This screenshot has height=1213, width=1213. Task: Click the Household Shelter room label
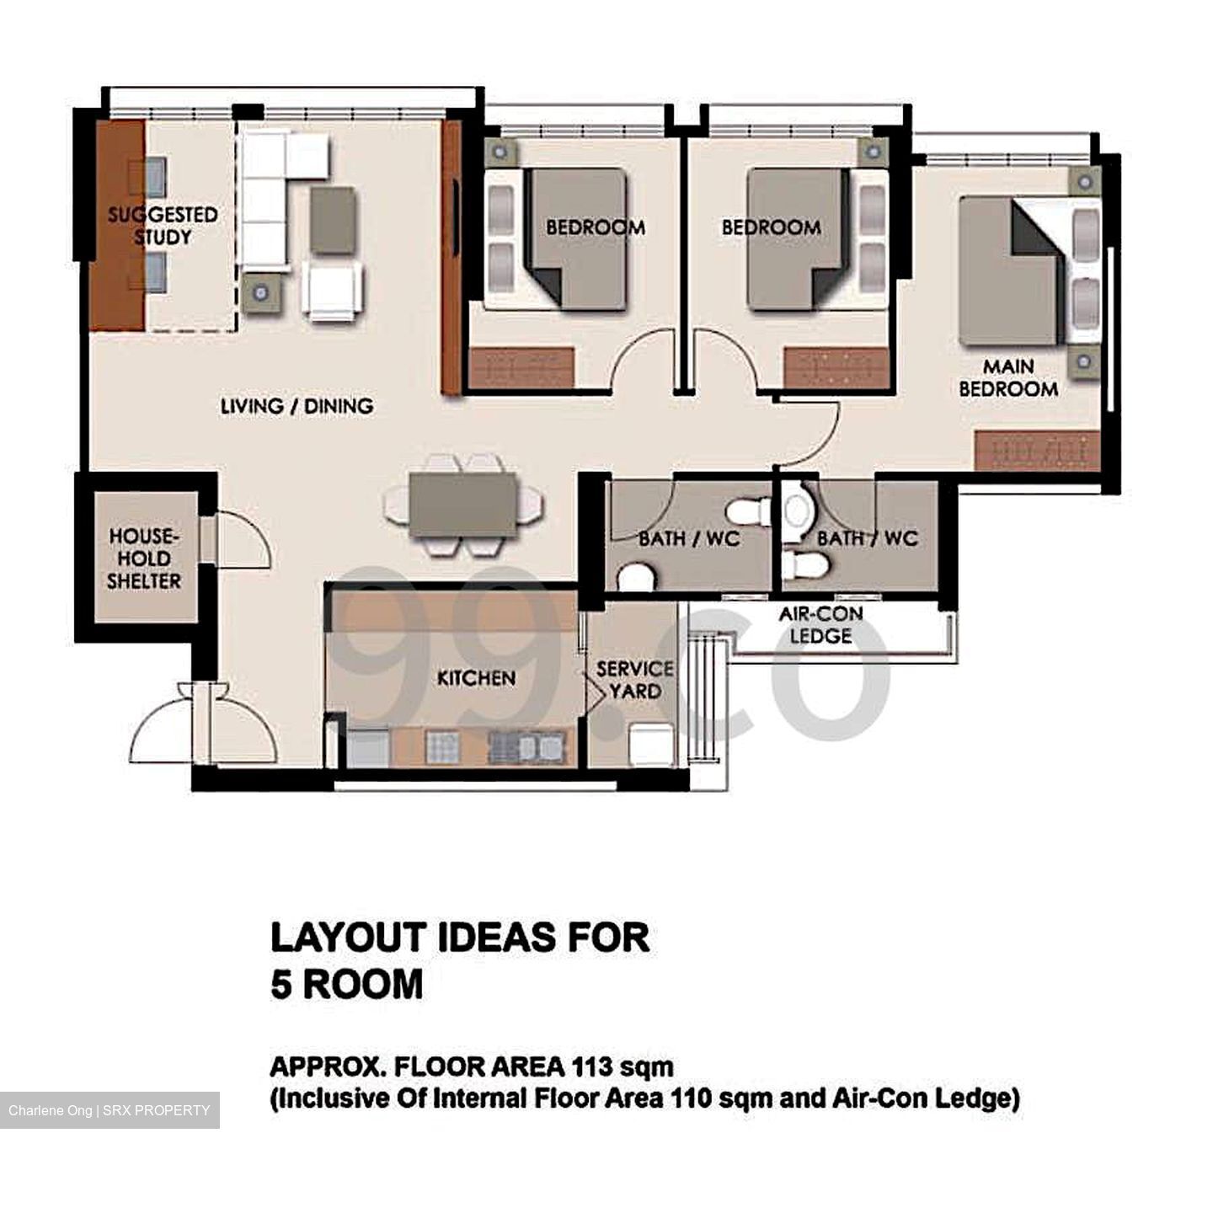pos(143,558)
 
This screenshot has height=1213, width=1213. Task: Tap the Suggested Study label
pos(163,226)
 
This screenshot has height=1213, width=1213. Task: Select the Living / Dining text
pos(297,406)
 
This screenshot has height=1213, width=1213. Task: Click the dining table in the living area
pos(463,505)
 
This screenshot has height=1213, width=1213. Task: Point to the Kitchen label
pos(476,678)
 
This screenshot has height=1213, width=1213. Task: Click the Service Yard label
pos(634,680)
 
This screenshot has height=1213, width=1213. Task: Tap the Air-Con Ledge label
pos(820,625)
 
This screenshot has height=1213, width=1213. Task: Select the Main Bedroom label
pos(1008,378)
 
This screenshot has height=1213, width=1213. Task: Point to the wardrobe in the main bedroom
pos(1037,451)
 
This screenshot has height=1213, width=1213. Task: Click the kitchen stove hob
pos(443,747)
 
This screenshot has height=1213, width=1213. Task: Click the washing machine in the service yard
pos(650,746)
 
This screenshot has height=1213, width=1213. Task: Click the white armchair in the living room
pos(333,290)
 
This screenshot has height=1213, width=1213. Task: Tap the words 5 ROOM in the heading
pos(346,984)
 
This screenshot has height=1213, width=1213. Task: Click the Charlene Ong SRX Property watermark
pos(110,1110)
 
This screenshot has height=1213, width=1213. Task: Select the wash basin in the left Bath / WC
pos(634,577)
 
